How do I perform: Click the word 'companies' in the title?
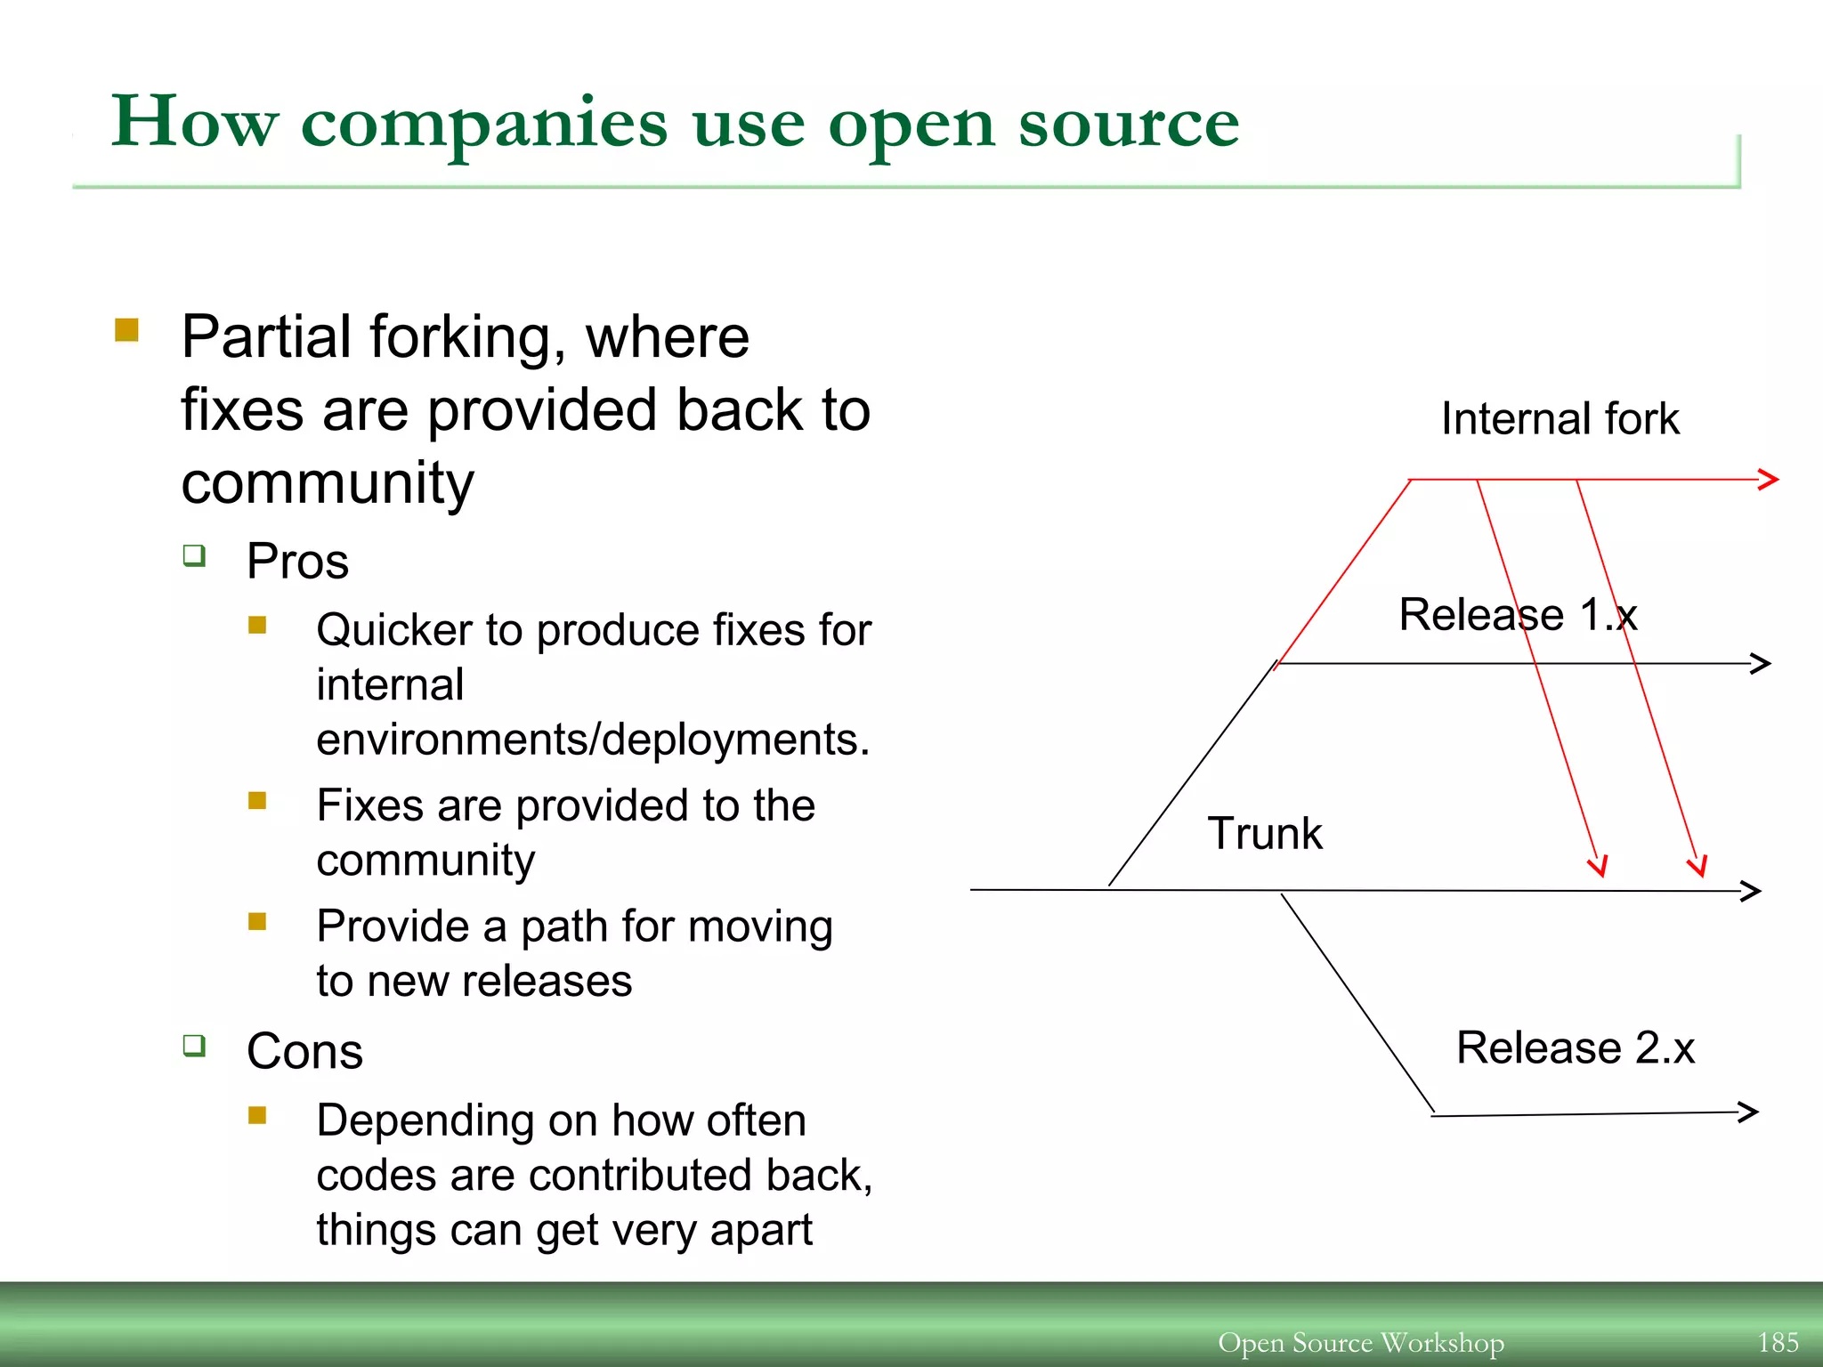tap(483, 123)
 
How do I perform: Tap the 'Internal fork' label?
tap(1560, 418)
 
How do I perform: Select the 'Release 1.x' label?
tap(1518, 614)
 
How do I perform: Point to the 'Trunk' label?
tap(1264, 834)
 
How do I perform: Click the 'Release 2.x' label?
tap(1575, 1047)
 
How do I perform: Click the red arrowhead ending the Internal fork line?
tap(1769, 479)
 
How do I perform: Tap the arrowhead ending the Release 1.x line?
tap(1761, 663)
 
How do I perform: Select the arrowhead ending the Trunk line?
tap(1751, 891)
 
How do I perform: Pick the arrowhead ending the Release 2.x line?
tap(1749, 1112)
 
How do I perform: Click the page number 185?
tap(1778, 1342)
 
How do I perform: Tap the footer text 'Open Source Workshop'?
tap(1360, 1342)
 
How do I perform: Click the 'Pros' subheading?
tap(297, 562)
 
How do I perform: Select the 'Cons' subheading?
tap(304, 1051)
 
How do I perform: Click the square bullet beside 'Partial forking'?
tap(126, 331)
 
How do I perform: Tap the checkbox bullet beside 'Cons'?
tap(194, 1045)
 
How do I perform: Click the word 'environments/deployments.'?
tap(593, 740)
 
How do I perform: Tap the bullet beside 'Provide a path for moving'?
tap(257, 921)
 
